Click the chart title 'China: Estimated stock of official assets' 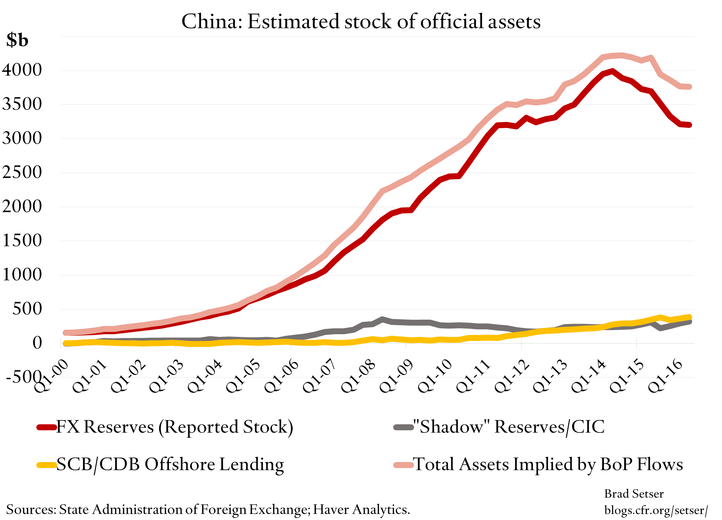pyautogui.click(x=361, y=21)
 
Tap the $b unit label pyautogui.click(x=17, y=40)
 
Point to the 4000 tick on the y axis pyautogui.click(x=22, y=70)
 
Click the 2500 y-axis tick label pyautogui.click(x=22, y=172)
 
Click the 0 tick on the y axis pyautogui.click(x=37, y=342)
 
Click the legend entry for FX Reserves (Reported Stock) pyautogui.click(x=175, y=427)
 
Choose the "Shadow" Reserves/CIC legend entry pyautogui.click(x=508, y=427)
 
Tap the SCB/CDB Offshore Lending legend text pyautogui.click(x=170, y=465)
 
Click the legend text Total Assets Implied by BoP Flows pyautogui.click(x=548, y=465)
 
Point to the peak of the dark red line pyautogui.click(x=612, y=71)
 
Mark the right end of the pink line pyautogui.click(x=689, y=87)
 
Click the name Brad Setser pyautogui.click(x=634, y=494)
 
